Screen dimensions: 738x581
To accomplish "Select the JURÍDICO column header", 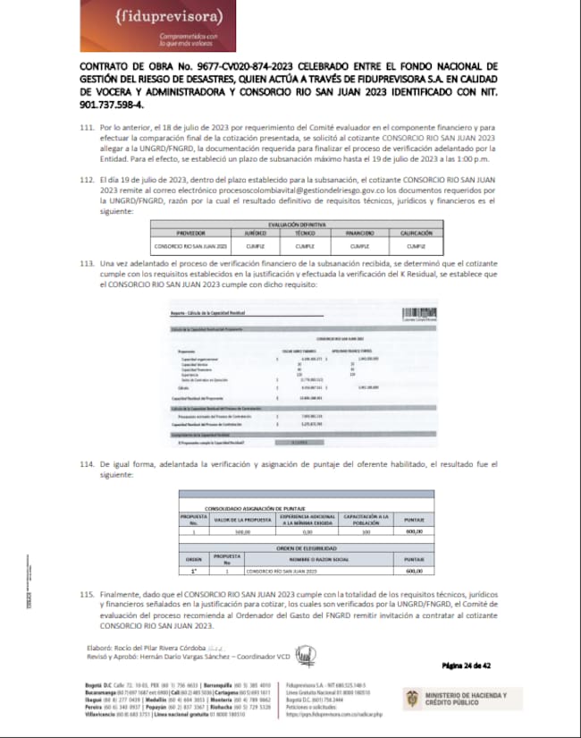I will [x=256, y=232].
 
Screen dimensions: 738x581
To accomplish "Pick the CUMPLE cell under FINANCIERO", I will [x=359, y=243].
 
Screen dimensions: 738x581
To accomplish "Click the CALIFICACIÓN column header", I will [x=412, y=232].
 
